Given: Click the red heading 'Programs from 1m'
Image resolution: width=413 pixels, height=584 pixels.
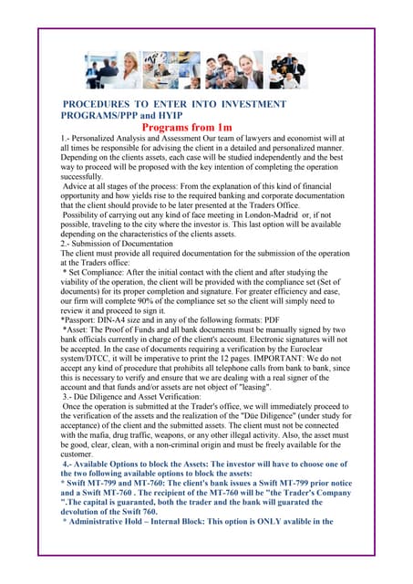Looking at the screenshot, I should [x=206, y=129].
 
